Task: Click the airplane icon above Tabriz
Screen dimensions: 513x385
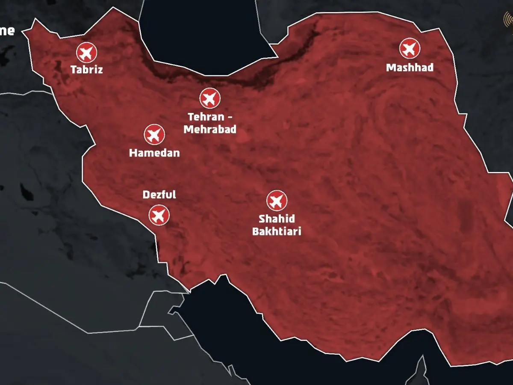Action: pos(87,53)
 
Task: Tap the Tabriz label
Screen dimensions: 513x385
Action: pos(87,69)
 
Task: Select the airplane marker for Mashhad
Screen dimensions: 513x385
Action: pos(410,48)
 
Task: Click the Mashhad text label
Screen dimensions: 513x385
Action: pos(410,68)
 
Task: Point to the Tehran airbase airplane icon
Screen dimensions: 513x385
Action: pos(210,98)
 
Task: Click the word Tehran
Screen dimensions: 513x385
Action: pos(206,116)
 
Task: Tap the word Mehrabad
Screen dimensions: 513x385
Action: pos(210,129)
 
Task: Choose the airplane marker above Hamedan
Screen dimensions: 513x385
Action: pos(154,135)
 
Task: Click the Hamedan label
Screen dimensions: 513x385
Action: pos(154,153)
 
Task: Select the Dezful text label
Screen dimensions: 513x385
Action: pos(159,195)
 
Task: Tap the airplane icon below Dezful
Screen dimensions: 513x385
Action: pos(159,215)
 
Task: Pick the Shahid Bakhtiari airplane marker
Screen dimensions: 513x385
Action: pos(277,201)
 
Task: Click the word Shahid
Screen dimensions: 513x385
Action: pos(277,219)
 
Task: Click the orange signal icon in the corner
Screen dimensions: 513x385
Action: pos(509,19)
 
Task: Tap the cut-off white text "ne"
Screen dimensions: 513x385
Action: pos(7,31)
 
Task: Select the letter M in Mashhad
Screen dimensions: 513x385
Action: pos(390,68)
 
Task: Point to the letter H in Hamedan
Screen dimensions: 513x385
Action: pos(133,153)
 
